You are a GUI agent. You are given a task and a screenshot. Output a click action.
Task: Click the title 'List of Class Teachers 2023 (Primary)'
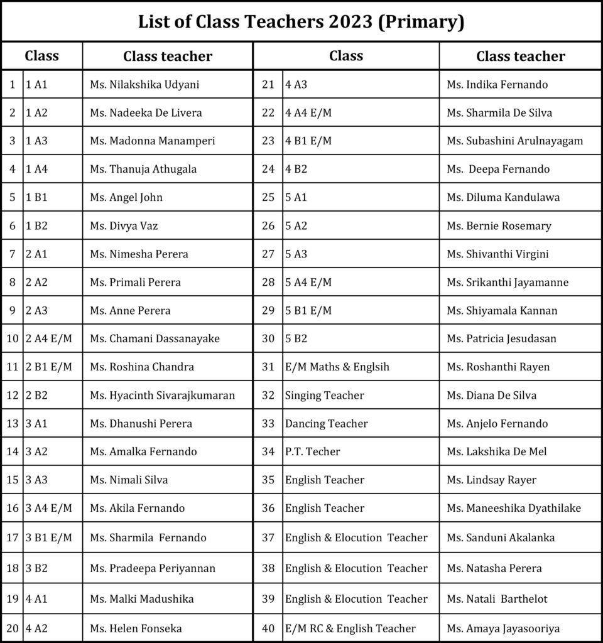click(301, 23)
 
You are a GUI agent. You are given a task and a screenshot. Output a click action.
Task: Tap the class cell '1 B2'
click(36, 225)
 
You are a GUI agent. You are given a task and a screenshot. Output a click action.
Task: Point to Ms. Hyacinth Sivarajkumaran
click(162, 396)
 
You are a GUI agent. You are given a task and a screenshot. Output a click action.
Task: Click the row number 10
click(12, 339)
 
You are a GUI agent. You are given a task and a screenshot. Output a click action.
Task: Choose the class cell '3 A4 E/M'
click(49, 508)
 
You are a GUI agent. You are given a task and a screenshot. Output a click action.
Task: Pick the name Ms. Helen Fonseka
click(136, 629)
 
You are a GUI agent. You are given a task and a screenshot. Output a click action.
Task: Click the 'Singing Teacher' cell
click(324, 396)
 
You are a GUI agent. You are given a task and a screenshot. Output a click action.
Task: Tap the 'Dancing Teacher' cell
click(326, 424)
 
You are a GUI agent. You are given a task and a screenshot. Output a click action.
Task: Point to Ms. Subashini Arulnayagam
click(514, 141)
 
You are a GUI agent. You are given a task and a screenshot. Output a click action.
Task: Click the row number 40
click(268, 629)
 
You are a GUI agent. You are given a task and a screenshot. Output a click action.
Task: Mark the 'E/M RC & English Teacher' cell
click(350, 629)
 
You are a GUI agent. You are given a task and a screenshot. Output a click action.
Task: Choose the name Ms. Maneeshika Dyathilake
click(513, 508)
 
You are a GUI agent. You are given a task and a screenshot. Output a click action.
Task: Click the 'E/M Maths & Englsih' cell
click(337, 367)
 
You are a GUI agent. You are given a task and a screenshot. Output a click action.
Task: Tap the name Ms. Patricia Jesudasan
click(501, 339)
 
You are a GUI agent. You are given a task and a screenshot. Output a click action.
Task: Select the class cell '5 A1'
click(296, 197)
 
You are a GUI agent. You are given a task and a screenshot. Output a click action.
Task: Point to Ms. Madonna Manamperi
click(152, 141)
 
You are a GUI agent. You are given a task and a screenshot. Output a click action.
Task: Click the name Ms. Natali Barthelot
click(497, 599)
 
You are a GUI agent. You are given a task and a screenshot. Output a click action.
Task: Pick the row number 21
click(268, 85)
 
